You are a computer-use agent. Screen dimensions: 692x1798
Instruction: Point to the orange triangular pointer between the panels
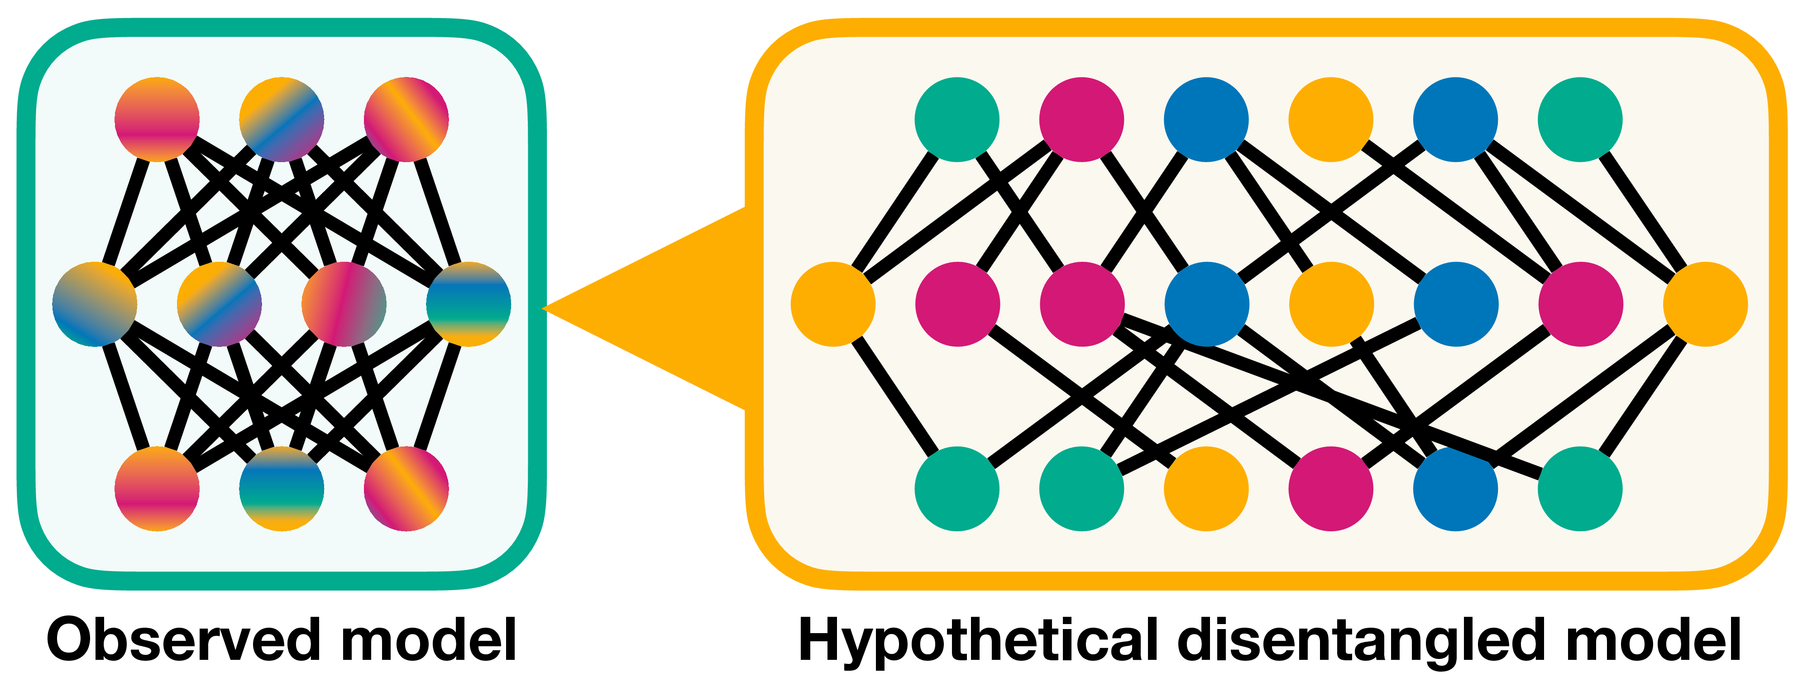[663, 307]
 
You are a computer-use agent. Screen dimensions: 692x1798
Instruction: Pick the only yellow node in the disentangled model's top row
[1330, 120]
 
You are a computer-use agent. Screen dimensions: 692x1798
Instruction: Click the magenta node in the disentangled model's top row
[1081, 120]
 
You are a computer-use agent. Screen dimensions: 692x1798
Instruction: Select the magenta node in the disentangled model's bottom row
[1330, 489]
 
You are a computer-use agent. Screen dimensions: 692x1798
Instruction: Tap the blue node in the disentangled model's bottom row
[1455, 489]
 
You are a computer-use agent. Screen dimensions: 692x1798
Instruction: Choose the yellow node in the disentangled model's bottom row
[1206, 489]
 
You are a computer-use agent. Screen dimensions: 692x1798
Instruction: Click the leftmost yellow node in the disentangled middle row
[833, 304]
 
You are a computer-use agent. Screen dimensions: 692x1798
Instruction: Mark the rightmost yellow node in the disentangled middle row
[1705, 304]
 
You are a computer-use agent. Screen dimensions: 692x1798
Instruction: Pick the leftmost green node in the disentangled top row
[957, 120]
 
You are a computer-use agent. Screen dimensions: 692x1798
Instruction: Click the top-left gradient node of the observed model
[157, 120]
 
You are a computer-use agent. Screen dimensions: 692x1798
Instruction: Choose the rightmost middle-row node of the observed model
[469, 304]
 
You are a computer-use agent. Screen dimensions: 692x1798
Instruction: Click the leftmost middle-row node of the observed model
[94, 304]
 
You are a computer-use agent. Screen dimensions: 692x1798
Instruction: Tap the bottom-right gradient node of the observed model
[406, 489]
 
